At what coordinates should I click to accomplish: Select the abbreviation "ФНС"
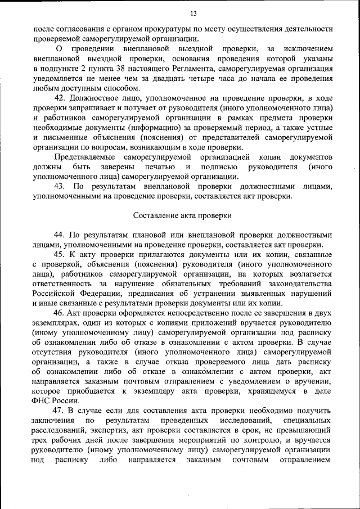[42, 401]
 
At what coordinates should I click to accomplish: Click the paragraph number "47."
[60, 411]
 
